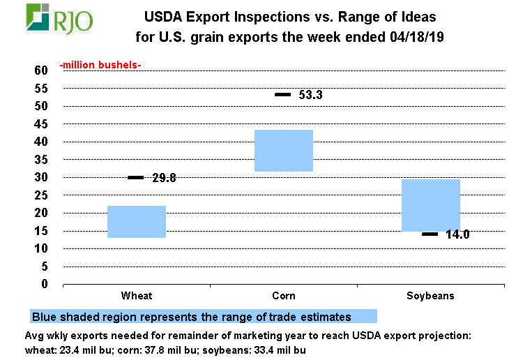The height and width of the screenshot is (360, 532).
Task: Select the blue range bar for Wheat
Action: coord(137,222)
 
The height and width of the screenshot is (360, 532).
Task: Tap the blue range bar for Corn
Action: coord(284,151)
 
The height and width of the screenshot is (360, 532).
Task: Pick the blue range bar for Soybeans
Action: coord(431,205)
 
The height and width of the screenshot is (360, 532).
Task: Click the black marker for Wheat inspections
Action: coord(136,178)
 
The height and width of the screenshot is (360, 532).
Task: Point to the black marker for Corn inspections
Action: coord(283,94)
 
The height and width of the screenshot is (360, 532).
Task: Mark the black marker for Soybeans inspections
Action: coord(430,234)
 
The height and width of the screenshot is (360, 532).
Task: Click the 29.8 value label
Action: coord(164,178)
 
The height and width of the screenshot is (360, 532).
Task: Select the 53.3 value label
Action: coord(310,94)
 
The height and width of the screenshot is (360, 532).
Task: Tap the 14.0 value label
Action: coord(457,235)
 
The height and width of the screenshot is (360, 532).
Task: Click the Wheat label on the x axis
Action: coord(137,296)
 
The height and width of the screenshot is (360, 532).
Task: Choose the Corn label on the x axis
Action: coord(284,296)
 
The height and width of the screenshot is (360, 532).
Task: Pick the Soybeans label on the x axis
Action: coord(431,296)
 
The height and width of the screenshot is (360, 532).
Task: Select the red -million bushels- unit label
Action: coord(100,65)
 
